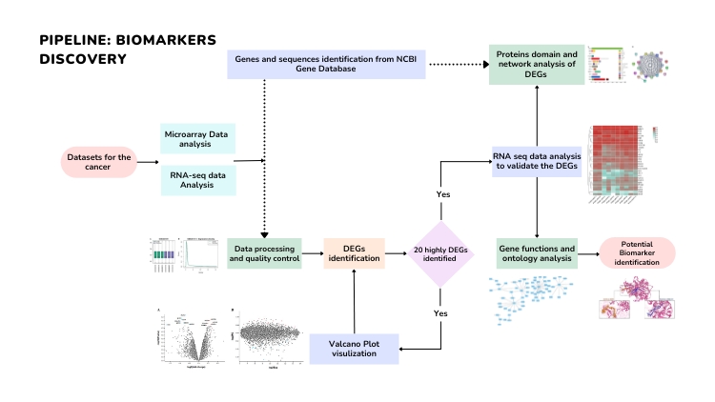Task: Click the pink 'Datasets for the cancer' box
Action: [99, 163]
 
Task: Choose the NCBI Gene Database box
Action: [325, 65]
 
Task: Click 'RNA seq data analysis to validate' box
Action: [537, 162]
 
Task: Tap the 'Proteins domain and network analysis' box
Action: [537, 65]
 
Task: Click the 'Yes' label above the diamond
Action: [442, 193]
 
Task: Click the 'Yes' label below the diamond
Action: [442, 312]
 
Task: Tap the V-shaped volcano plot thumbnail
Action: [190, 338]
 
